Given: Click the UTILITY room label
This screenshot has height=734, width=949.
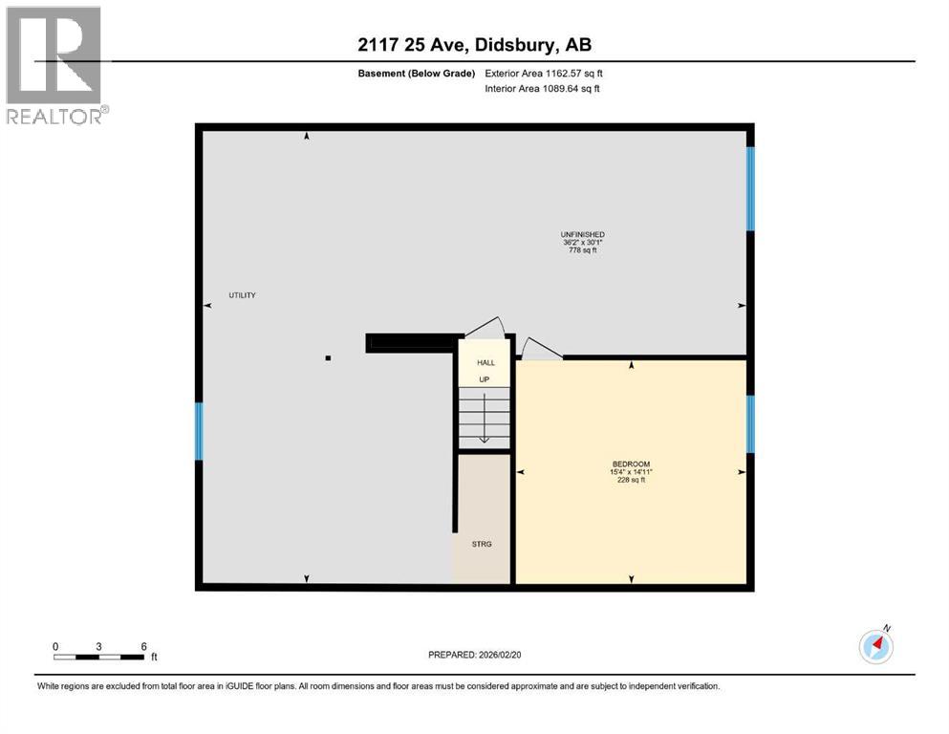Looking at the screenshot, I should pyautogui.click(x=242, y=295).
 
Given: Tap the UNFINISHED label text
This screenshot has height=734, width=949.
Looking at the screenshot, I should pyautogui.click(x=582, y=234).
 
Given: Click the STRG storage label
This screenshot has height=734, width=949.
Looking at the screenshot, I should pyautogui.click(x=481, y=544).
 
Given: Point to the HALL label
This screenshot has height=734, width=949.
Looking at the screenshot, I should pyautogui.click(x=485, y=363).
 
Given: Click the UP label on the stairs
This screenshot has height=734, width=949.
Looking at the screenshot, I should pyautogui.click(x=484, y=379).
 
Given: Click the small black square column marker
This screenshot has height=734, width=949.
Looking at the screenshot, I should pyautogui.click(x=328, y=358).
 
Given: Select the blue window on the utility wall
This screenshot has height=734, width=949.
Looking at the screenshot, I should pyautogui.click(x=200, y=431).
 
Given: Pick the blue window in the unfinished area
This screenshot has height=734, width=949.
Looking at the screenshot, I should pyautogui.click(x=750, y=188).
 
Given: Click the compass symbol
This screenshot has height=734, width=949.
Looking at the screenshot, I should pyautogui.click(x=875, y=647).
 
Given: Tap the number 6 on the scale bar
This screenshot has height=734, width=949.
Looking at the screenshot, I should pyautogui.click(x=143, y=646).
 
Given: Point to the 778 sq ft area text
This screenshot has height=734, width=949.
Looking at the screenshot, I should pyautogui.click(x=582, y=250).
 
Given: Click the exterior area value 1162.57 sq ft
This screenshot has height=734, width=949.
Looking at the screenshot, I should pyautogui.click(x=571, y=73).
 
